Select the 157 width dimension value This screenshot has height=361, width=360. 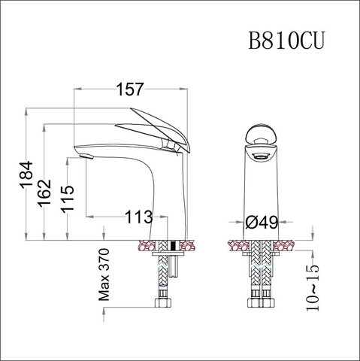[129, 89]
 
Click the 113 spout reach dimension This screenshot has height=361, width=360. [138, 217]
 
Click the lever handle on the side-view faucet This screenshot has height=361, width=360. [154, 128]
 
